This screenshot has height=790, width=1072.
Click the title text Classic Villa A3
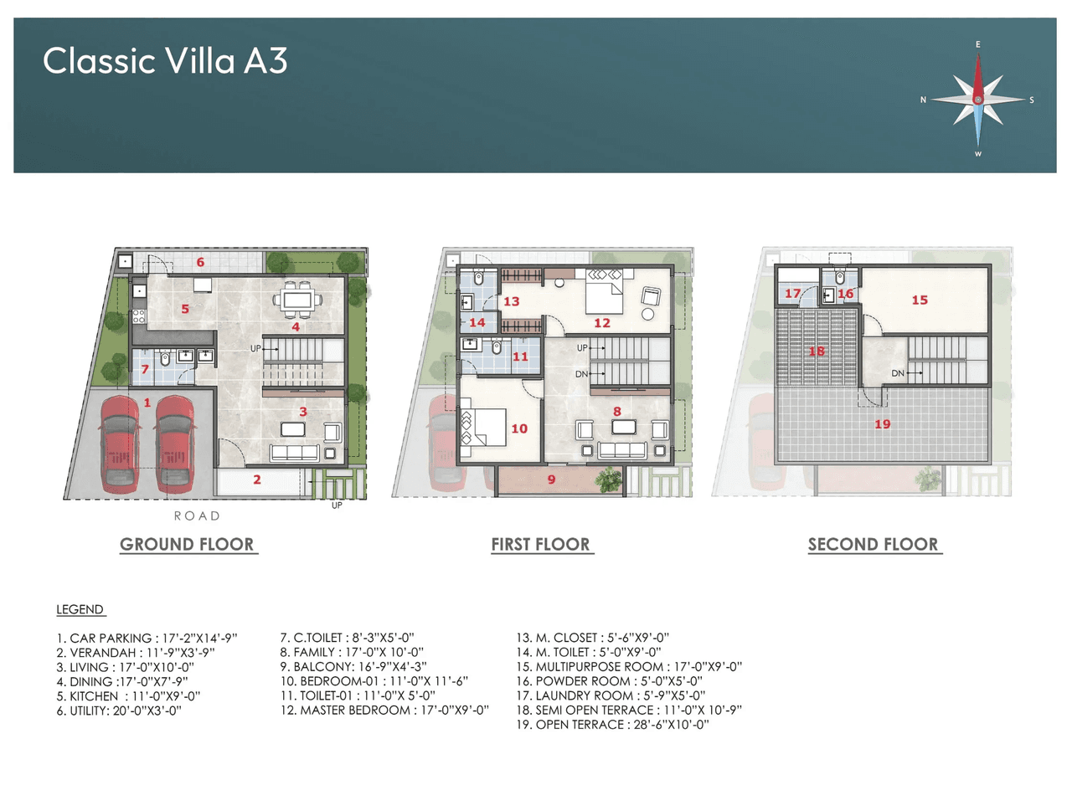165,61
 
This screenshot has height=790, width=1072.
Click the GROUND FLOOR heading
187,545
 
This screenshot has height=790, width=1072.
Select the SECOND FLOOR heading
874,545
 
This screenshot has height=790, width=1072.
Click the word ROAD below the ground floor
197,516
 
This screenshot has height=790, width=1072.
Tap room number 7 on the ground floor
145,369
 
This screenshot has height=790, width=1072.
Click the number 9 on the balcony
551,480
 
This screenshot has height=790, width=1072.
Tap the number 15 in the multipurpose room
920,300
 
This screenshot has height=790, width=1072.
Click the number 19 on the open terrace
882,424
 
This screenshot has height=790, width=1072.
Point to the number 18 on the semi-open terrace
817,352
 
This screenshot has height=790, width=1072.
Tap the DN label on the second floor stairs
897,372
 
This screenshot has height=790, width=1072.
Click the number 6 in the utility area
200,262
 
